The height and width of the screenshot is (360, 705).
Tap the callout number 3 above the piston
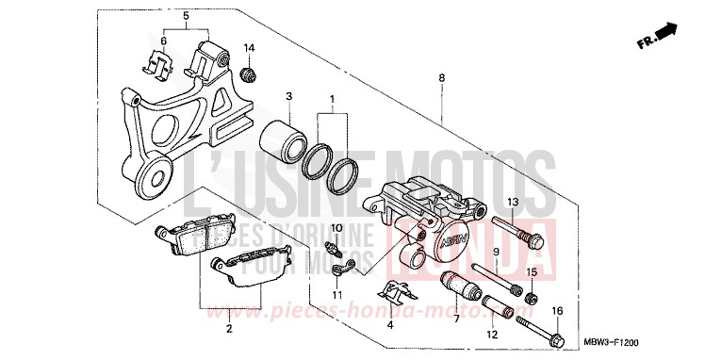[x=289, y=96]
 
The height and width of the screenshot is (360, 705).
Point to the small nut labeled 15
[x=531, y=299]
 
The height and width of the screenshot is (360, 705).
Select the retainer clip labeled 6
[x=161, y=63]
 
